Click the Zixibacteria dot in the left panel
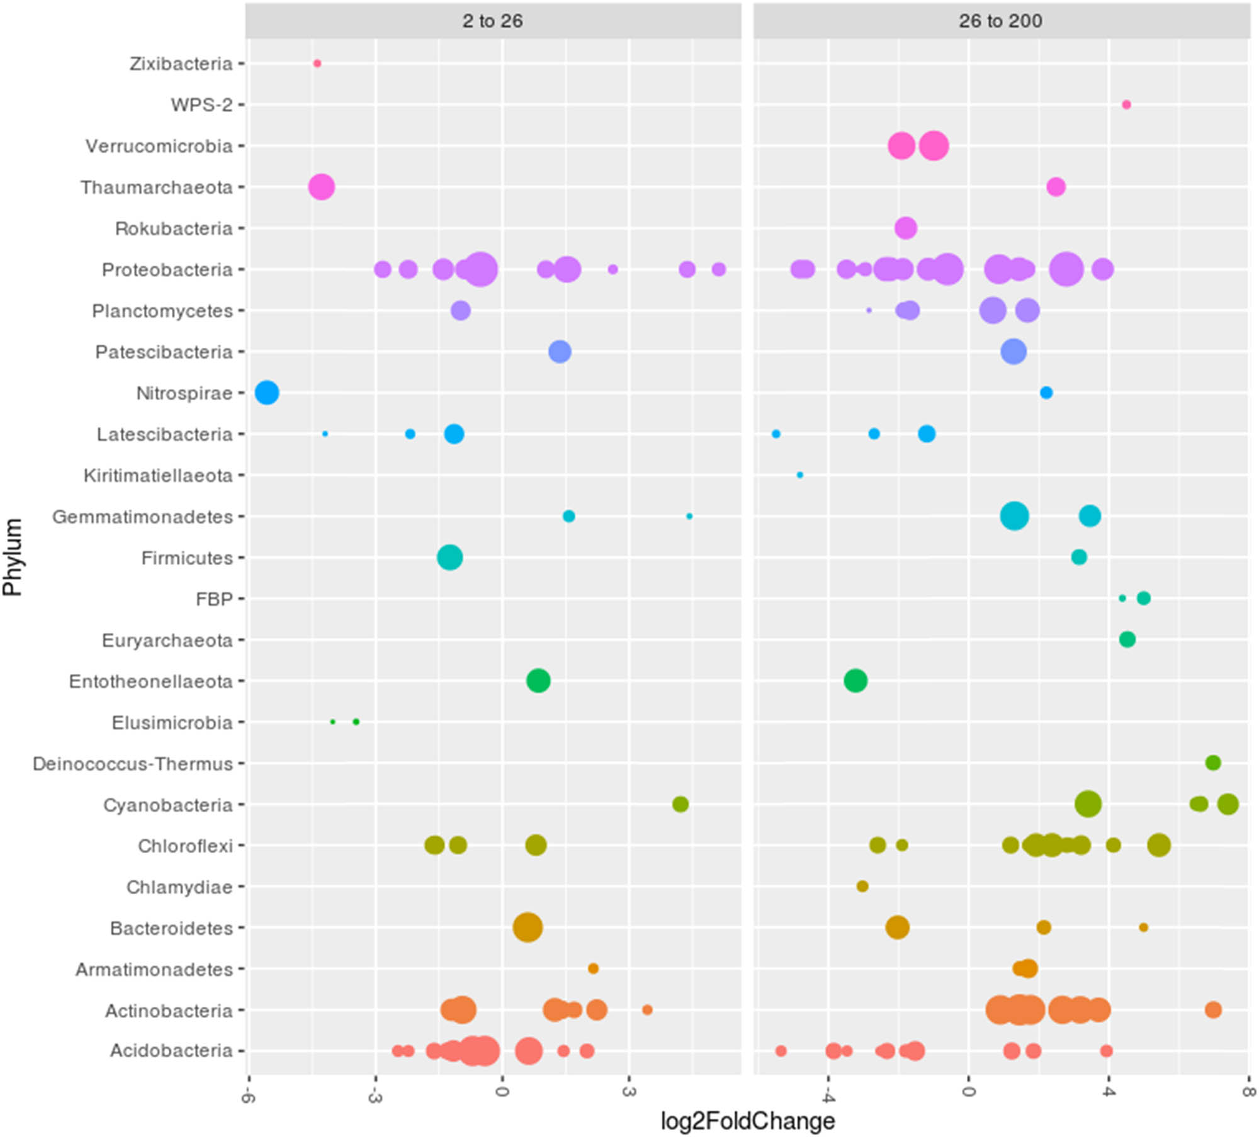[x=317, y=64]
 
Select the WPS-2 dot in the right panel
[x=1126, y=104]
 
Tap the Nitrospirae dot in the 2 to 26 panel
[x=267, y=393]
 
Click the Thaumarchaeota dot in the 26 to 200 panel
[x=1056, y=187]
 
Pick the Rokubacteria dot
[x=905, y=228]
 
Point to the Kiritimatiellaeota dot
[x=800, y=475]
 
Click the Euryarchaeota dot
[x=1127, y=639]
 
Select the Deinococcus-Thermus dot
[x=1213, y=763]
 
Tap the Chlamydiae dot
[x=862, y=886]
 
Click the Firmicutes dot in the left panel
[x=449, y=557]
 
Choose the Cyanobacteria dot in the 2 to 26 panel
[x=680, y=804]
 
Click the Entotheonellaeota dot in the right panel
[x=855, y=680]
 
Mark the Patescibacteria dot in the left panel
[x=560, y=352]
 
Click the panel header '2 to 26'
[x=492, y=21]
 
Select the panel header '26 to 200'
[x=1000, y=21]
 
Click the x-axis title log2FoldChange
[x=747, y=1121]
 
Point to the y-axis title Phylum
[x=13, y=557]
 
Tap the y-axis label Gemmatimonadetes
[x=142, y=517]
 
